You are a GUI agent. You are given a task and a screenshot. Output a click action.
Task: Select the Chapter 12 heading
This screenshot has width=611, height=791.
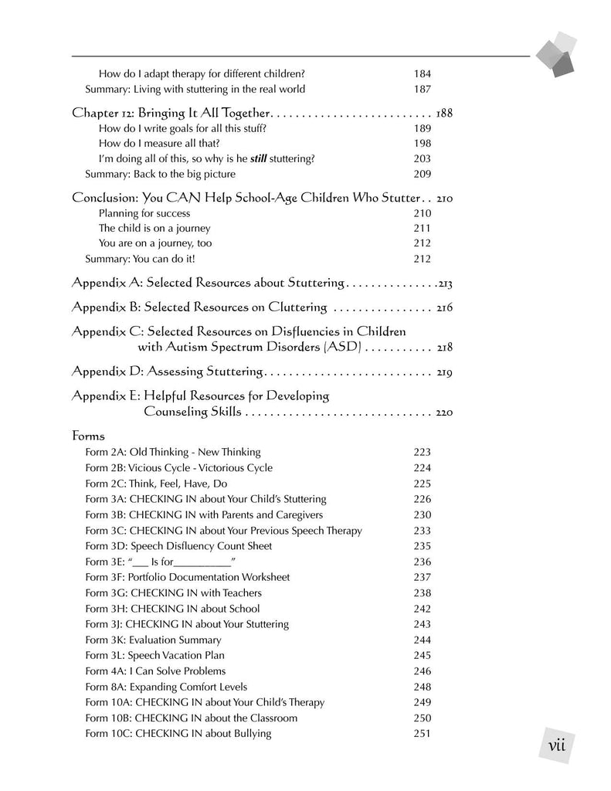tap(170, 113)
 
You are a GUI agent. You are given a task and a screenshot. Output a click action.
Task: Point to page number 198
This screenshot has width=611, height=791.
tap(422, 144)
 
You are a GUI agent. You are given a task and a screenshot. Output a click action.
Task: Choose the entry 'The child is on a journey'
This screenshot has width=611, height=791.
tap(154, 229)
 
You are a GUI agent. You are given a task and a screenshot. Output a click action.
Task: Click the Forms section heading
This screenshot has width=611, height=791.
tap(88, 435)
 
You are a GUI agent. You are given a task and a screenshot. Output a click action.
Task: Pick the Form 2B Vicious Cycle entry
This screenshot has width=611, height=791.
tap(178, 468)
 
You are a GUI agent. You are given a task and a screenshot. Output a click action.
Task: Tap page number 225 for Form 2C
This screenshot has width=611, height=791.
tap(422, 484)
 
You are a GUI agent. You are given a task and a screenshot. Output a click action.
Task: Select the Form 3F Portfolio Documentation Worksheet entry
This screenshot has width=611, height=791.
tap(188, 577)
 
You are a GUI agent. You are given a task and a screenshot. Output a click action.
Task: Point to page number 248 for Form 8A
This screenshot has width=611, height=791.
tap(422, 687)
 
